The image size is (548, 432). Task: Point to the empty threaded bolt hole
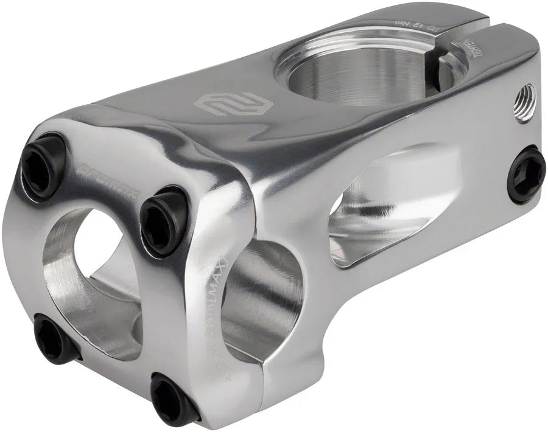click(x=525, y=96)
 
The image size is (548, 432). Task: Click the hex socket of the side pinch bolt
click(x=527, y=175)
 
